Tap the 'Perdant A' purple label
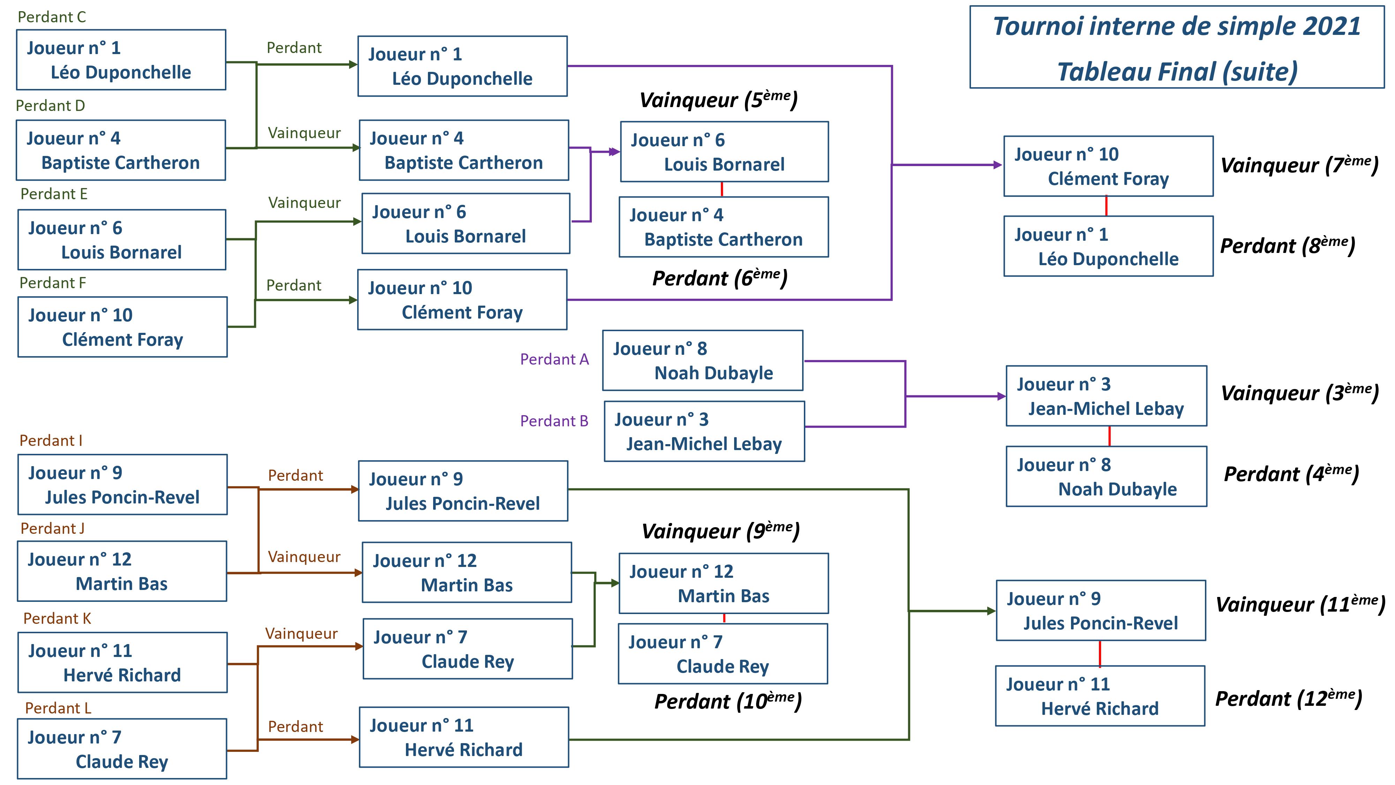point(554,359)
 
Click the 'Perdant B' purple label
point(554,421)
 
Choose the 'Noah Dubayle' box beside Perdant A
point(702,361)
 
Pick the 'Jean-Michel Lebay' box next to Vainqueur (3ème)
point(1106,396)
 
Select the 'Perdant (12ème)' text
point(1288,699)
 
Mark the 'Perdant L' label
point(58,708)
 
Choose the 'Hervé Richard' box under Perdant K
point(122,663)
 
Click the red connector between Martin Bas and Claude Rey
point(724,618)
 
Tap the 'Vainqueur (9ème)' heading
point(720,531)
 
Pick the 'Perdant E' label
point(54,194)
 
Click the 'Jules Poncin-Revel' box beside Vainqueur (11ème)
point(1100,611)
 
